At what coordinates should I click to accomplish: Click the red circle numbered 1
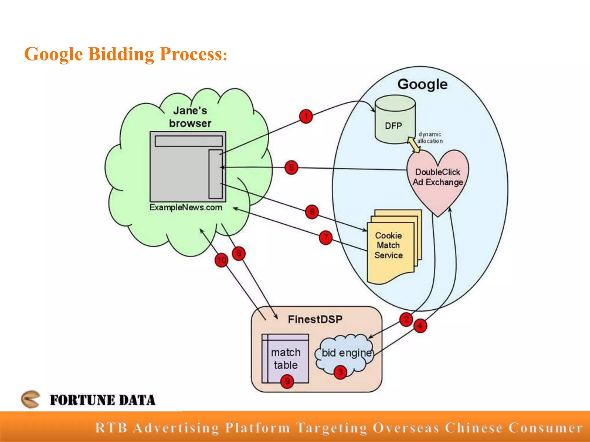click(x=306, y=117)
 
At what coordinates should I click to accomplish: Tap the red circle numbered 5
click(x=291, y=167)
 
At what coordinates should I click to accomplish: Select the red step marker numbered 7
click(x=326, y=237)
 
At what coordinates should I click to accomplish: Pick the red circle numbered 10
click(x=222, y=260)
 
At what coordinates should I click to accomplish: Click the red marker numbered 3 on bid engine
click(x=340, y=372)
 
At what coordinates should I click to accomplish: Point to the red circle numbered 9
click(x=287, y=382)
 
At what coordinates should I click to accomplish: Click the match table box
click(x=285, y=359)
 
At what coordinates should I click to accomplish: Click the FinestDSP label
click(x=315, y=319)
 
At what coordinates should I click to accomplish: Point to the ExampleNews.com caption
click(x=186, y=207)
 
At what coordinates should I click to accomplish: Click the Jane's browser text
click(x=190, y=117)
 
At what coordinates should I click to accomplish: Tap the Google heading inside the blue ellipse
click(x=422, y=84)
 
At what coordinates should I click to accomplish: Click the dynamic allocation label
click(x=430, y=138)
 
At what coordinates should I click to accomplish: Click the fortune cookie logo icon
click(x=30, y=399)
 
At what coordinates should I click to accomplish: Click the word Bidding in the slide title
click(x=121, y=54)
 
